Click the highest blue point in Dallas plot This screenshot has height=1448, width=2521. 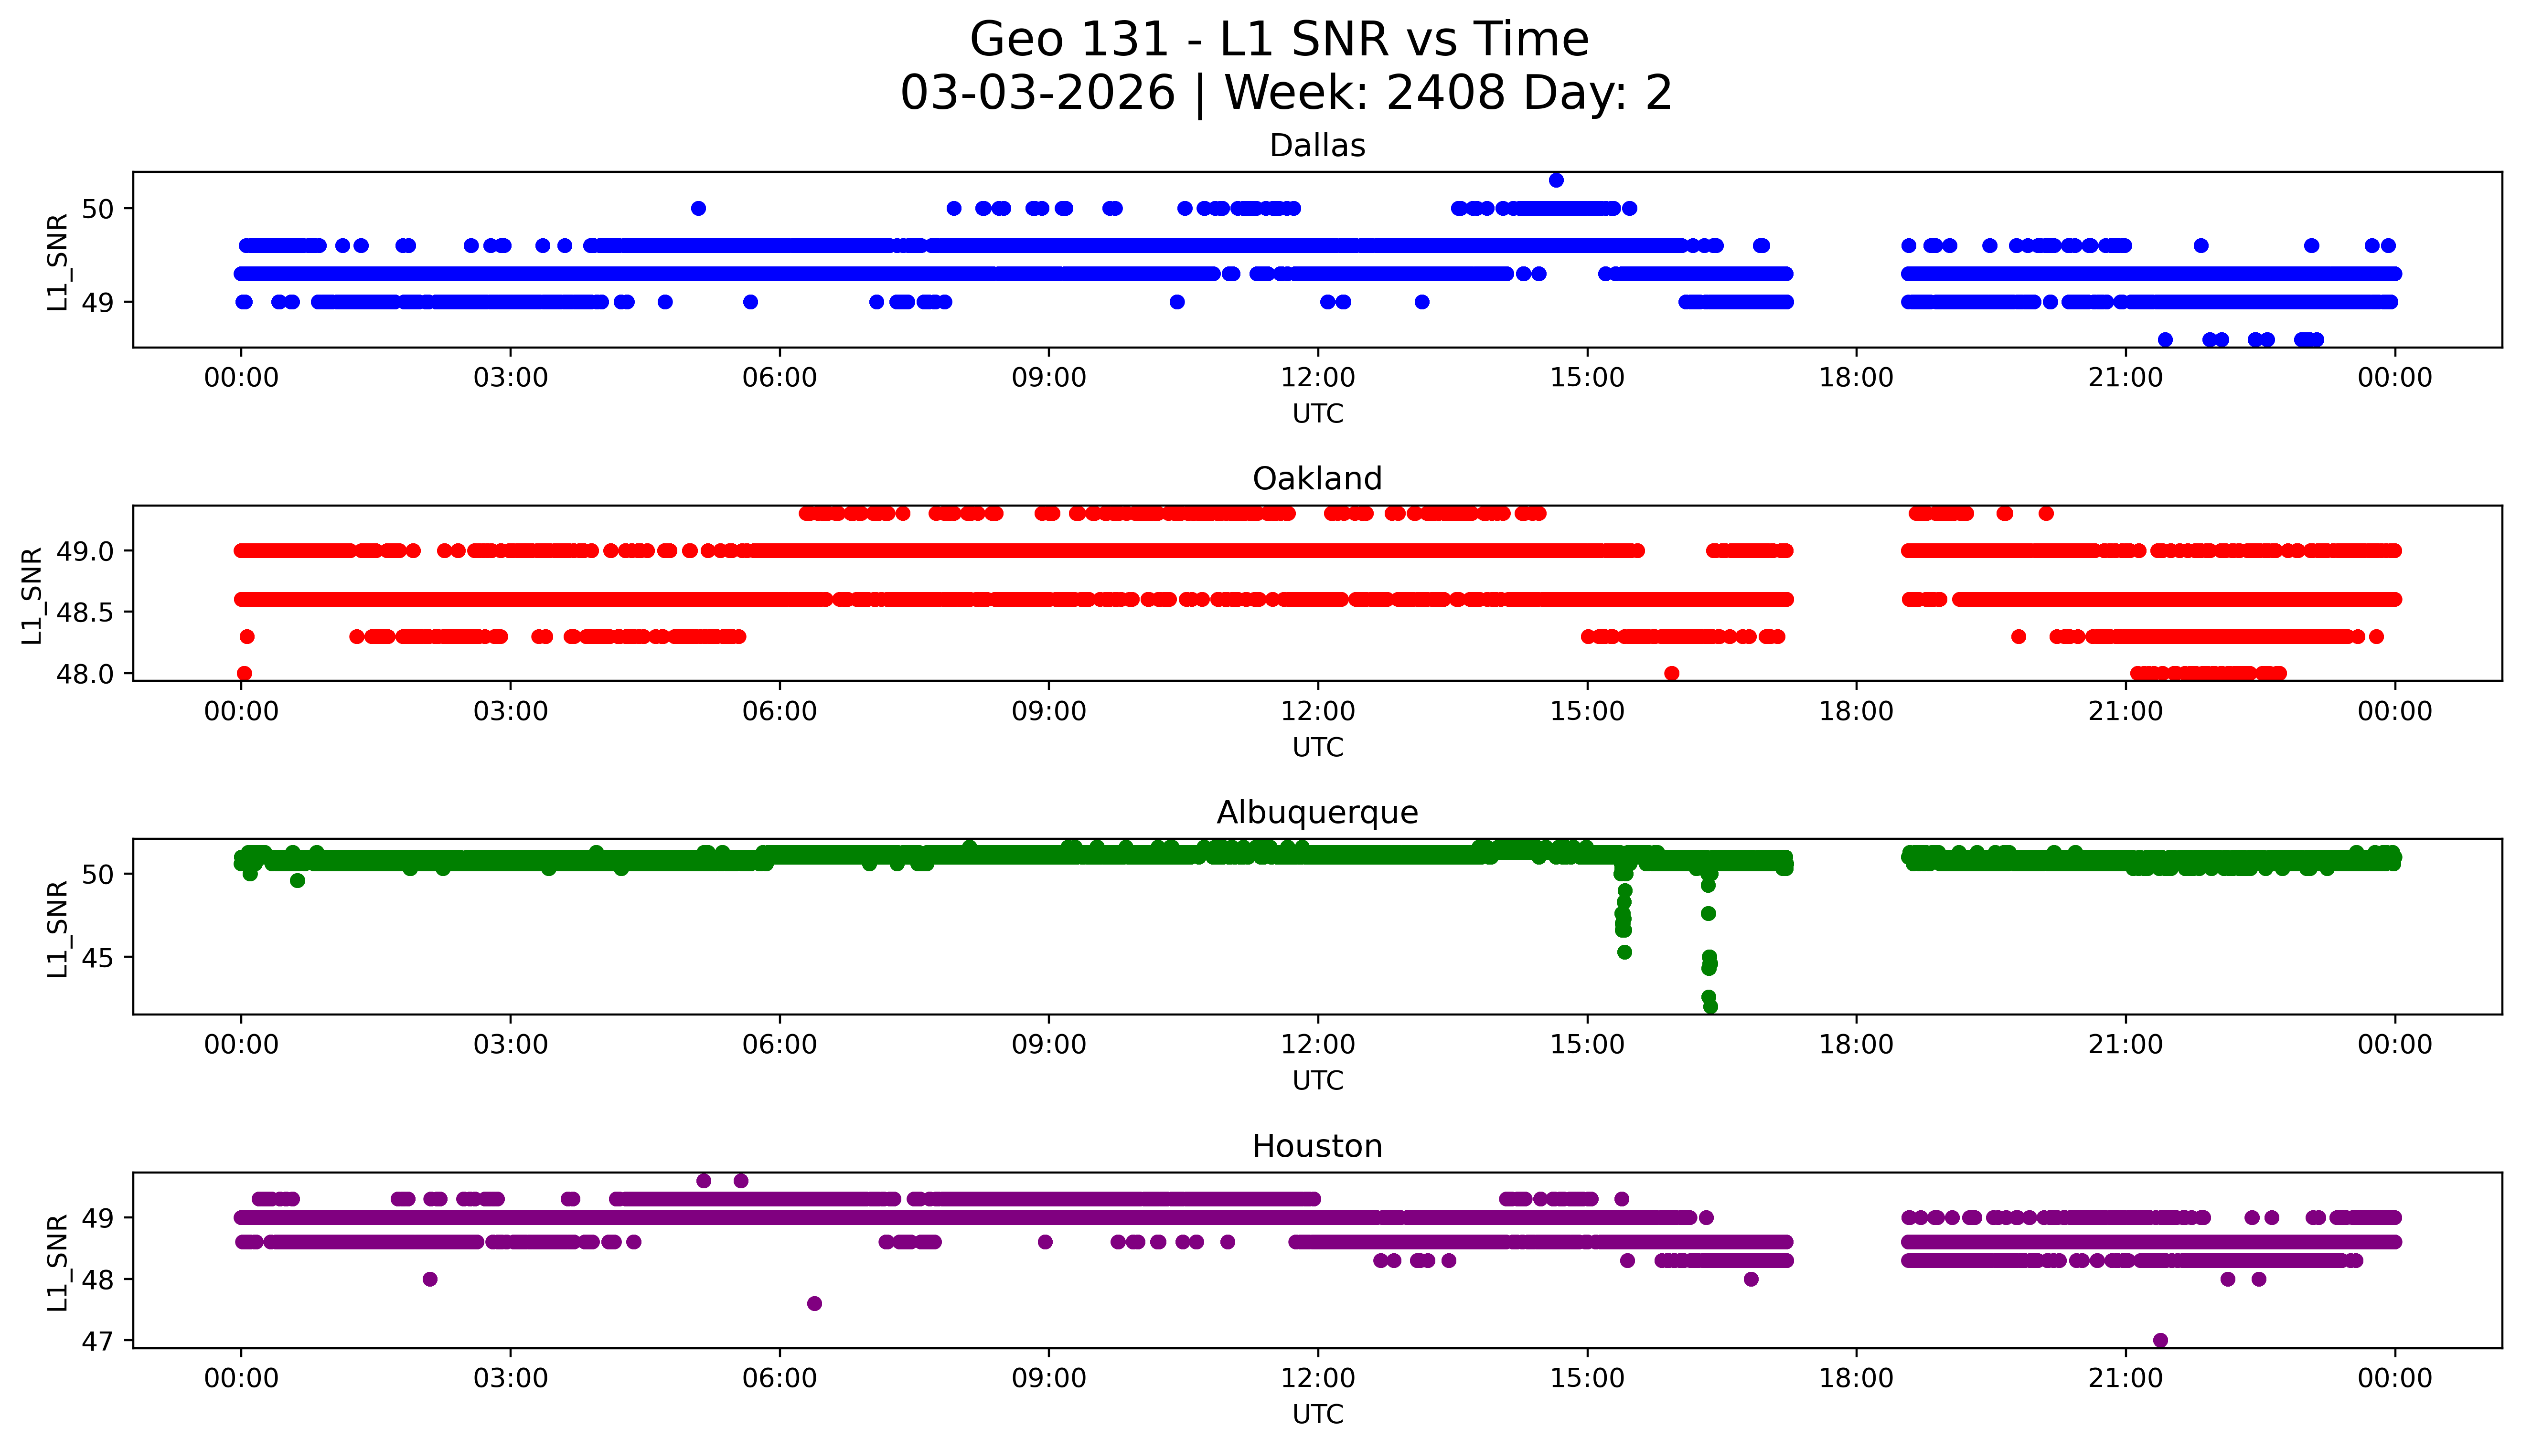point(1556,180)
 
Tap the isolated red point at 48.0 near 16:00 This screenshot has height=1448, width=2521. point(1671,673)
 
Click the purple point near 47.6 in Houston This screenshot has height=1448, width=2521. point(814,1303)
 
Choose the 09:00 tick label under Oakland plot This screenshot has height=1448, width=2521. point(1048,711)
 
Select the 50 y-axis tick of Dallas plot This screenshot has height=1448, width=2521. point(99,209)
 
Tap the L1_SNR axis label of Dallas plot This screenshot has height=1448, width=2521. point(58,262)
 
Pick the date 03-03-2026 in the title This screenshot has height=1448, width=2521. point(1037,94)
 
